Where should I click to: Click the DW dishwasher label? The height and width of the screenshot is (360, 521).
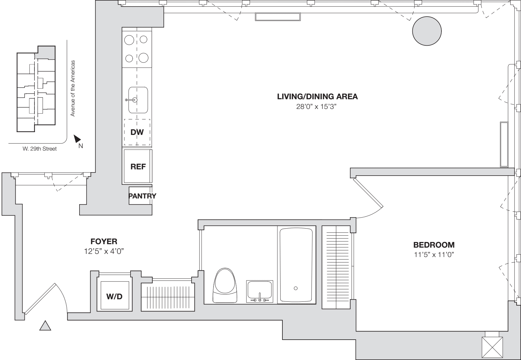point(137,132)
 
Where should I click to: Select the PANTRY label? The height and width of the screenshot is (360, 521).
point(142,196)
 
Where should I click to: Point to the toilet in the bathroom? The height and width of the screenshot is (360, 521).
point(225,285)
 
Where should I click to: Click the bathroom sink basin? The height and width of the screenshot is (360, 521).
point(260,290)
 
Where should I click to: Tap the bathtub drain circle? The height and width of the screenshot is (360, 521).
point(296,288)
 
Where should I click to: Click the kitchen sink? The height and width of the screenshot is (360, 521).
point(138,100)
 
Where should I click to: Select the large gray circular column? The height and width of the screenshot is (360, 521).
point(427,31)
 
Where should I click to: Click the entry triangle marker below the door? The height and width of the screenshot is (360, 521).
point(45,326)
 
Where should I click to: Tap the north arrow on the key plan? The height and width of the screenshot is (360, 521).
point(77,139)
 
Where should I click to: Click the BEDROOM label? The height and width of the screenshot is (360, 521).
point(434,245)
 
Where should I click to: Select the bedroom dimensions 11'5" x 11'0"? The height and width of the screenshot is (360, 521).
point(434,255)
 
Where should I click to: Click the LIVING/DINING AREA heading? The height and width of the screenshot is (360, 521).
point(317,96)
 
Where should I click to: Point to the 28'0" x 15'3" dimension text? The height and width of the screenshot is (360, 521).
point(316,106)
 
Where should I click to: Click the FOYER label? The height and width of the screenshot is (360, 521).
point(104,242)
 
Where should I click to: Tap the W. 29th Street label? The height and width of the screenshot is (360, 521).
point(39,149)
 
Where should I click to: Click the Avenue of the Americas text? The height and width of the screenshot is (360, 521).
point(73,88)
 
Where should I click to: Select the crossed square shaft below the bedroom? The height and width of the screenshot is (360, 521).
point(492,347)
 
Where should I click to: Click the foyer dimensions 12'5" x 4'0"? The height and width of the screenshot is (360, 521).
point(104,251)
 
